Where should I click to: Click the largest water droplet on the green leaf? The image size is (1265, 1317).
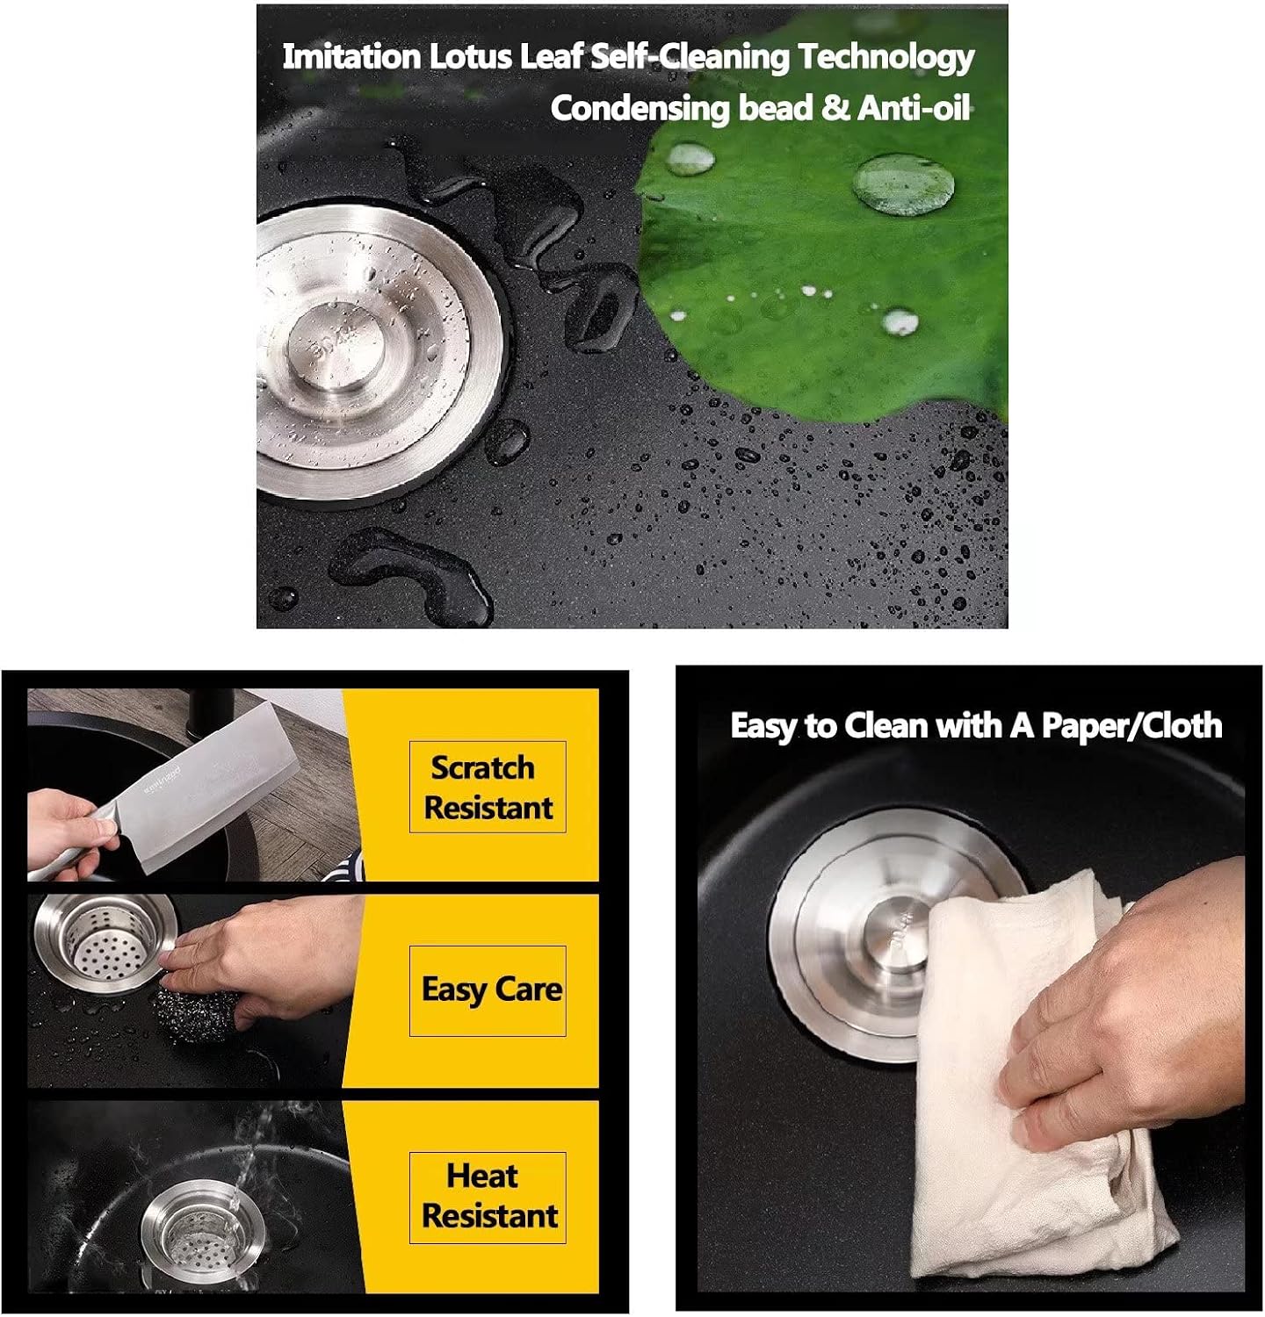tap(904, 182)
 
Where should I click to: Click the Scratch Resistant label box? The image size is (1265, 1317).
tap(488, 787)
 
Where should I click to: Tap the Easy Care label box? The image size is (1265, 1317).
tap(488, 990)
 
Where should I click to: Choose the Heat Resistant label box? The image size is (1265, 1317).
tap(488, 1198)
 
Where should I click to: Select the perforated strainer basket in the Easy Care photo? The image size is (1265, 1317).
tap(106, 942)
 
